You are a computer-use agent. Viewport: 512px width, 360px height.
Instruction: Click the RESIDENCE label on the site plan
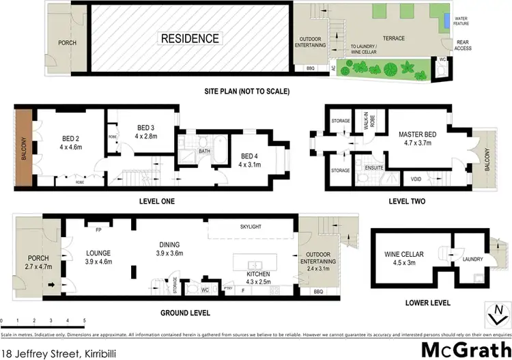click(190, 39)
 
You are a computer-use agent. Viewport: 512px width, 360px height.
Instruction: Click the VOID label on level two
click(416, 180)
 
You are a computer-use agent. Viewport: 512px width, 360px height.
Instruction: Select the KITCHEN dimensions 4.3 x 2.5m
click(259, 281)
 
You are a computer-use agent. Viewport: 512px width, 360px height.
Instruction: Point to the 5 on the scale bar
click(84, 320)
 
